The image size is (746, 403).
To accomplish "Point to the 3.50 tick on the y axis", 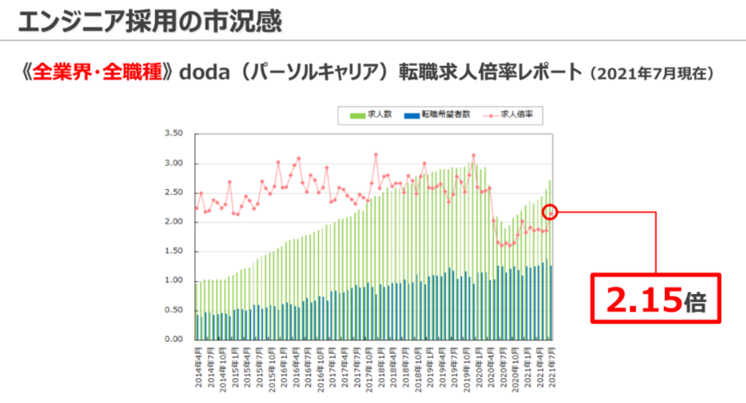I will click(174, 134).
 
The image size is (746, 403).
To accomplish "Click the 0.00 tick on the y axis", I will click(174, 340).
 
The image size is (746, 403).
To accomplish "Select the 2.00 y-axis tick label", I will click(174, 222).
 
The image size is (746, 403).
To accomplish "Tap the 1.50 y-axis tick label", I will click(174, 252).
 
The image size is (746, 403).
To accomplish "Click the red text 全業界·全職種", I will click(97, 72).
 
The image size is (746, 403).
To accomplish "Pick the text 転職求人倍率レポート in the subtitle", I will click(491, 72).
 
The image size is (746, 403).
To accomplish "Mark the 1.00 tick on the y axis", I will click(174, 281).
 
